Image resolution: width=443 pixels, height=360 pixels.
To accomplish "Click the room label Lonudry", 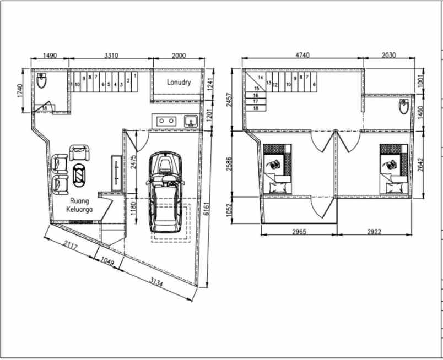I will pos(179,83).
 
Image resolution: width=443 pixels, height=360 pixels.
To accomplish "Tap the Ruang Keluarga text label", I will pos(79,205).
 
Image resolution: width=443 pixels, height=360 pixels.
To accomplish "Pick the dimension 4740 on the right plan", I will pos(304,56).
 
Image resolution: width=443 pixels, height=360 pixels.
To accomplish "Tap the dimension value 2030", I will pos(389,56).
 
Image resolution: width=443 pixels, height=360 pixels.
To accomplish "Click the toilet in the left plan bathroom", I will pos(42,82).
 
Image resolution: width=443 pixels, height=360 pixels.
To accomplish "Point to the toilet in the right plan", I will pos(403,107).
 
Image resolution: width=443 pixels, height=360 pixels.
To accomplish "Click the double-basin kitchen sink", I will pos(166,121).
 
